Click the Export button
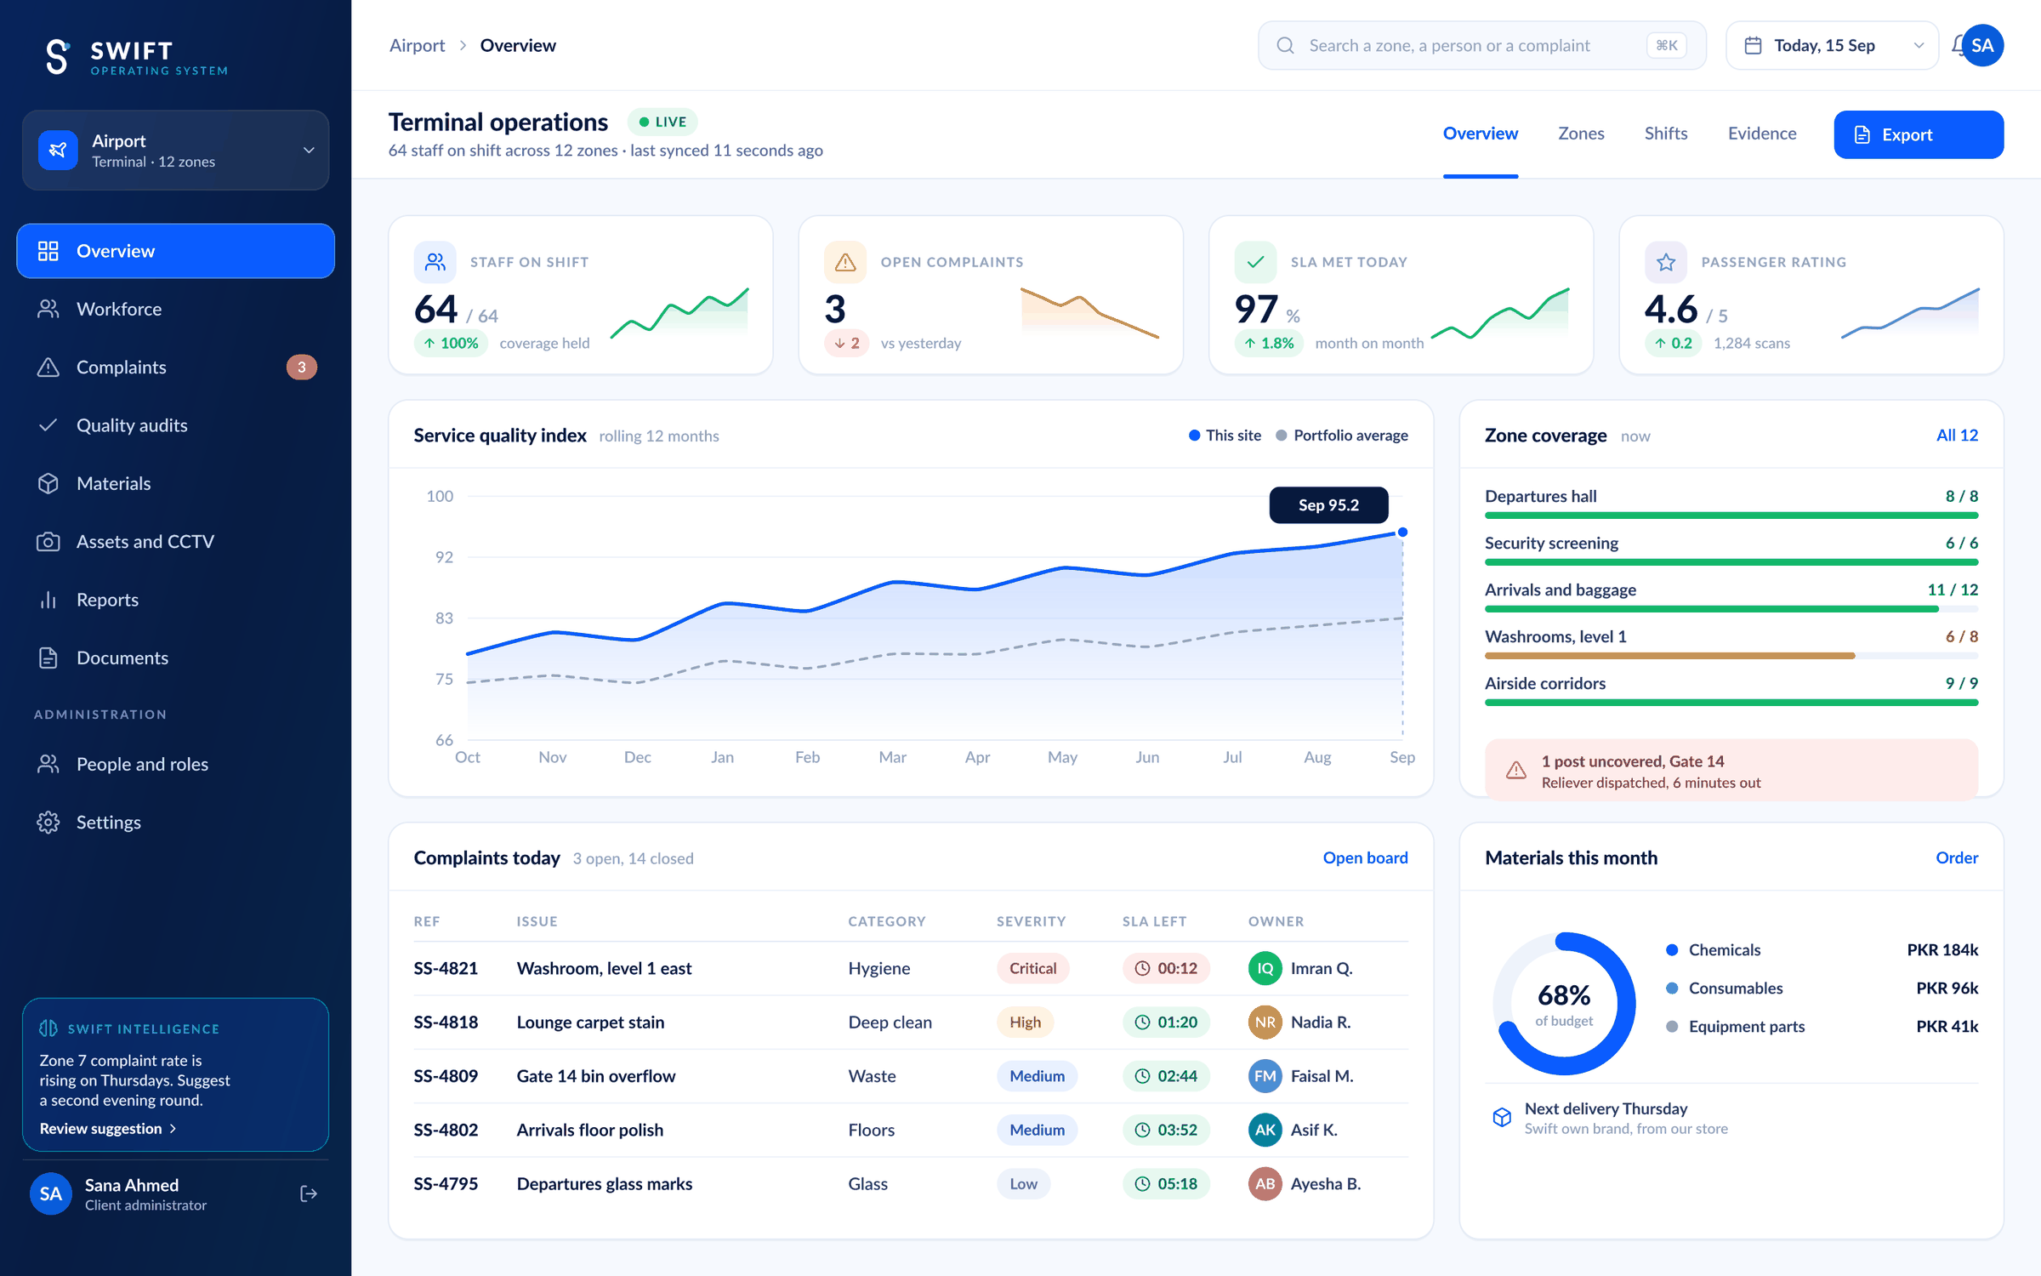[1918, 134]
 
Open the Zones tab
[1581, 134]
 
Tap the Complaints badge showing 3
[301, 367]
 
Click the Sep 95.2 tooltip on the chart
[1328, 505]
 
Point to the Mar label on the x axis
[892, 757]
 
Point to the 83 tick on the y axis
[444, 618]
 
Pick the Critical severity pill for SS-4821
[1032, 968]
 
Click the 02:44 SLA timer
[1166, 1076]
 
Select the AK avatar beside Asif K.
[1265, 1130]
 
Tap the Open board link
[1365, 857]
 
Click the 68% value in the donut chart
[1564, 994]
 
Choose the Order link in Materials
[1957, 857]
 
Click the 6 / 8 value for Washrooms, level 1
[1962, 636]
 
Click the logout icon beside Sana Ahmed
[309, 1194]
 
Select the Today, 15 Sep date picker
[1832, 45]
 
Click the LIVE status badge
[662, 122]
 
